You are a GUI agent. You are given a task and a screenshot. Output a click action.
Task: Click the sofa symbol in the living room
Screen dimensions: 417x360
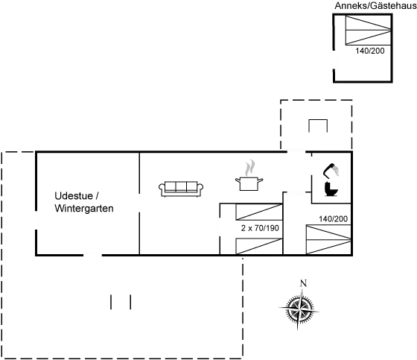click(181, 189)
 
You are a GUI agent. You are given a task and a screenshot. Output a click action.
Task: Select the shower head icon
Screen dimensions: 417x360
click(331, 170)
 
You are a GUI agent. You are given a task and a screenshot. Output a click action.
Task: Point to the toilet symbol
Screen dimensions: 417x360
click(331, 189)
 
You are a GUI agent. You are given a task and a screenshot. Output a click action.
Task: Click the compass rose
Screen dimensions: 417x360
click(299, 309)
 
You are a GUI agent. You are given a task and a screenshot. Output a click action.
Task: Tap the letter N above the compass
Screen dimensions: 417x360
click(304, 283)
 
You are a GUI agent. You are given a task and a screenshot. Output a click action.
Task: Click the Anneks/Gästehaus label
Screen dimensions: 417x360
click(375, 6)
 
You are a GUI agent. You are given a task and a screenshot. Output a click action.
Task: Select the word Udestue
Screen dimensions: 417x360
click(74, 196)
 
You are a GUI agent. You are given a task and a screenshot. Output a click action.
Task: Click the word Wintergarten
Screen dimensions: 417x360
click(84, 208)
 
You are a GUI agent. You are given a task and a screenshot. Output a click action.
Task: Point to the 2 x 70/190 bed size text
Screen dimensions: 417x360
click(260, 228)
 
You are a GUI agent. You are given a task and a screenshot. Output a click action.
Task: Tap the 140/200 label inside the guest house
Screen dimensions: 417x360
click(370, 51)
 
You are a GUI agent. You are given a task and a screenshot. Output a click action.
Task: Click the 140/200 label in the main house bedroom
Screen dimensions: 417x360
click(334, 219)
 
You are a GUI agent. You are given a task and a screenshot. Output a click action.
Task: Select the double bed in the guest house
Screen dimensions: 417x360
click(368, 30)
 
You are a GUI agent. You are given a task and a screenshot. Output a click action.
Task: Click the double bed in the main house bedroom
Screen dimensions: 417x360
click(328, 239)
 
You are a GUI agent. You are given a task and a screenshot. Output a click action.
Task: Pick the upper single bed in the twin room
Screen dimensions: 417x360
click(259, 212)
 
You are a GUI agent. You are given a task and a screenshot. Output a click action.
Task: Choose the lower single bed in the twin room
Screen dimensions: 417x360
click(259, 246)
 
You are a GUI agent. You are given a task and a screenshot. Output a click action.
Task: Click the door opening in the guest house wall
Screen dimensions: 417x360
click(334, 60)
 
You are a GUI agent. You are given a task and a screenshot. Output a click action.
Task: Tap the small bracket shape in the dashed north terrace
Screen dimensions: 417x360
click(318, 126)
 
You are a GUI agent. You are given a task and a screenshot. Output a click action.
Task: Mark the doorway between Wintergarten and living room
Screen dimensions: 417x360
click(139, 203)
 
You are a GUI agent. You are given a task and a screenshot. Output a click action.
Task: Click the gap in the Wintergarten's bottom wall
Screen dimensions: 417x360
click(92, 255)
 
